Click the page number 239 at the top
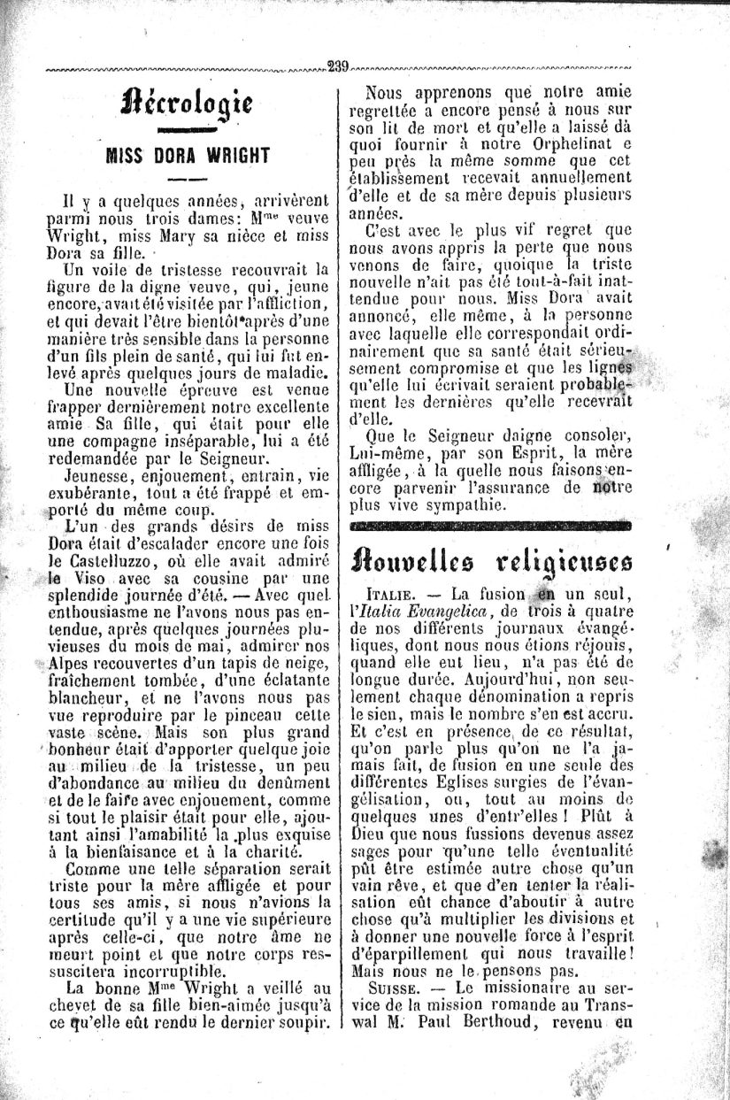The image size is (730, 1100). (x=337, y=65)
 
